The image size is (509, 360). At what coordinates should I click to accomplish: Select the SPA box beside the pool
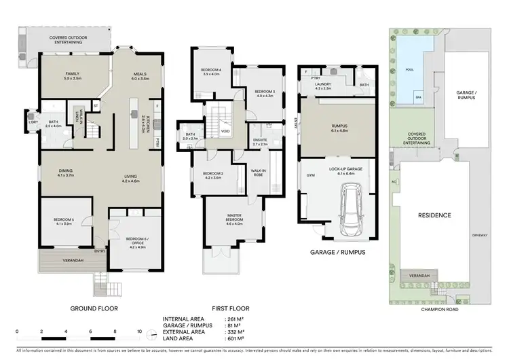[x=418, y=98]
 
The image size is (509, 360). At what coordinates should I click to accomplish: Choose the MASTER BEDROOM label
[x=233, y=220]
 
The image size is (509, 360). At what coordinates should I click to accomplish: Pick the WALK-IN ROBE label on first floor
[x=258, y=173]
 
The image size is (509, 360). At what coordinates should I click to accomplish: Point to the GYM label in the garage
[x=310, y=175]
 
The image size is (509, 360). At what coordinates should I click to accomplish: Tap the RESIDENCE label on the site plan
[x=434, y=215]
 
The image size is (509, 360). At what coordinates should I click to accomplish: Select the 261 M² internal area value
[x=234, y=319]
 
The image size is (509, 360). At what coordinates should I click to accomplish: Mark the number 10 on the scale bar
[x=139, y=333]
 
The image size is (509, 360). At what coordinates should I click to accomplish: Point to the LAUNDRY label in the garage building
[x=323, y=85]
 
